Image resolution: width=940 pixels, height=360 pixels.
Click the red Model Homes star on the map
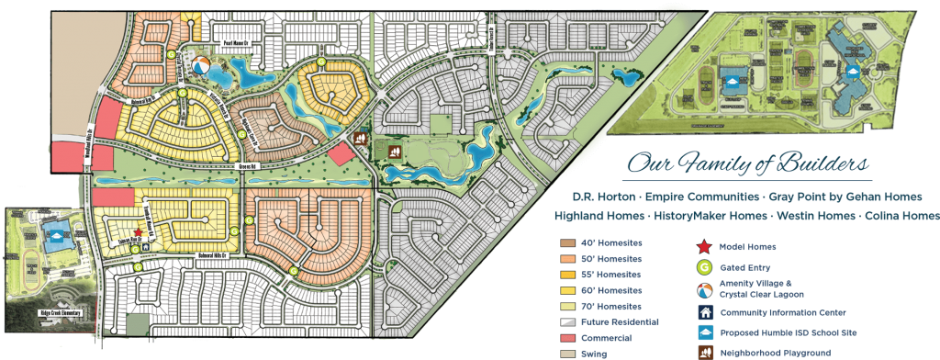(138, 233)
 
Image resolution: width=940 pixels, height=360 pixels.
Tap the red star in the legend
(703, 245)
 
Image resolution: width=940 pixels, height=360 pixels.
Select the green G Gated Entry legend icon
(703, 266)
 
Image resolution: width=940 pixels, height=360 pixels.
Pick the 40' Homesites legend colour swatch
(567, 243)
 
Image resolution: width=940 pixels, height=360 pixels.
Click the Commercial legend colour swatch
(567, 337)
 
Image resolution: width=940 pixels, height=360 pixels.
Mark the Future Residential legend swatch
(567, 321)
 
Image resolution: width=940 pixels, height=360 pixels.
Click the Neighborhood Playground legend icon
(703, 352)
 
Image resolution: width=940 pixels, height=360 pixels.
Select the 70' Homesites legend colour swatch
(567, 306)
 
